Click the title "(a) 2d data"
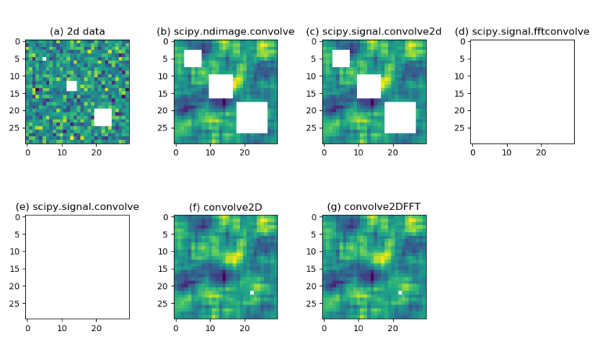pos(77,32)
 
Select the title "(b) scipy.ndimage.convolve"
pos(226,32)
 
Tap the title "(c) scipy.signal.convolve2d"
pos(374,32)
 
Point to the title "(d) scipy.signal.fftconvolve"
pos(523,32)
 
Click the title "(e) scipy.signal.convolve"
pos(77,207)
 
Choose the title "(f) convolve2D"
pos(226,207)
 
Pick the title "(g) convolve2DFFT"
pos(374,207)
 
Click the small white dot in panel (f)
pos(252,293)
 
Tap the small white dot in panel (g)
pos(400,293)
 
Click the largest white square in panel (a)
pos(102,117)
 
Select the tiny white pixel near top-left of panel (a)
pos(45,59)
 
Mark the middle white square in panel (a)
pos(72,86)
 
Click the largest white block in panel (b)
pos(252,117)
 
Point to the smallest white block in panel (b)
pos(193,59)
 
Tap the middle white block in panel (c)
pos(369,86)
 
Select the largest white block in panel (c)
pos(400,117)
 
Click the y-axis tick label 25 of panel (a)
pos(15,127)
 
